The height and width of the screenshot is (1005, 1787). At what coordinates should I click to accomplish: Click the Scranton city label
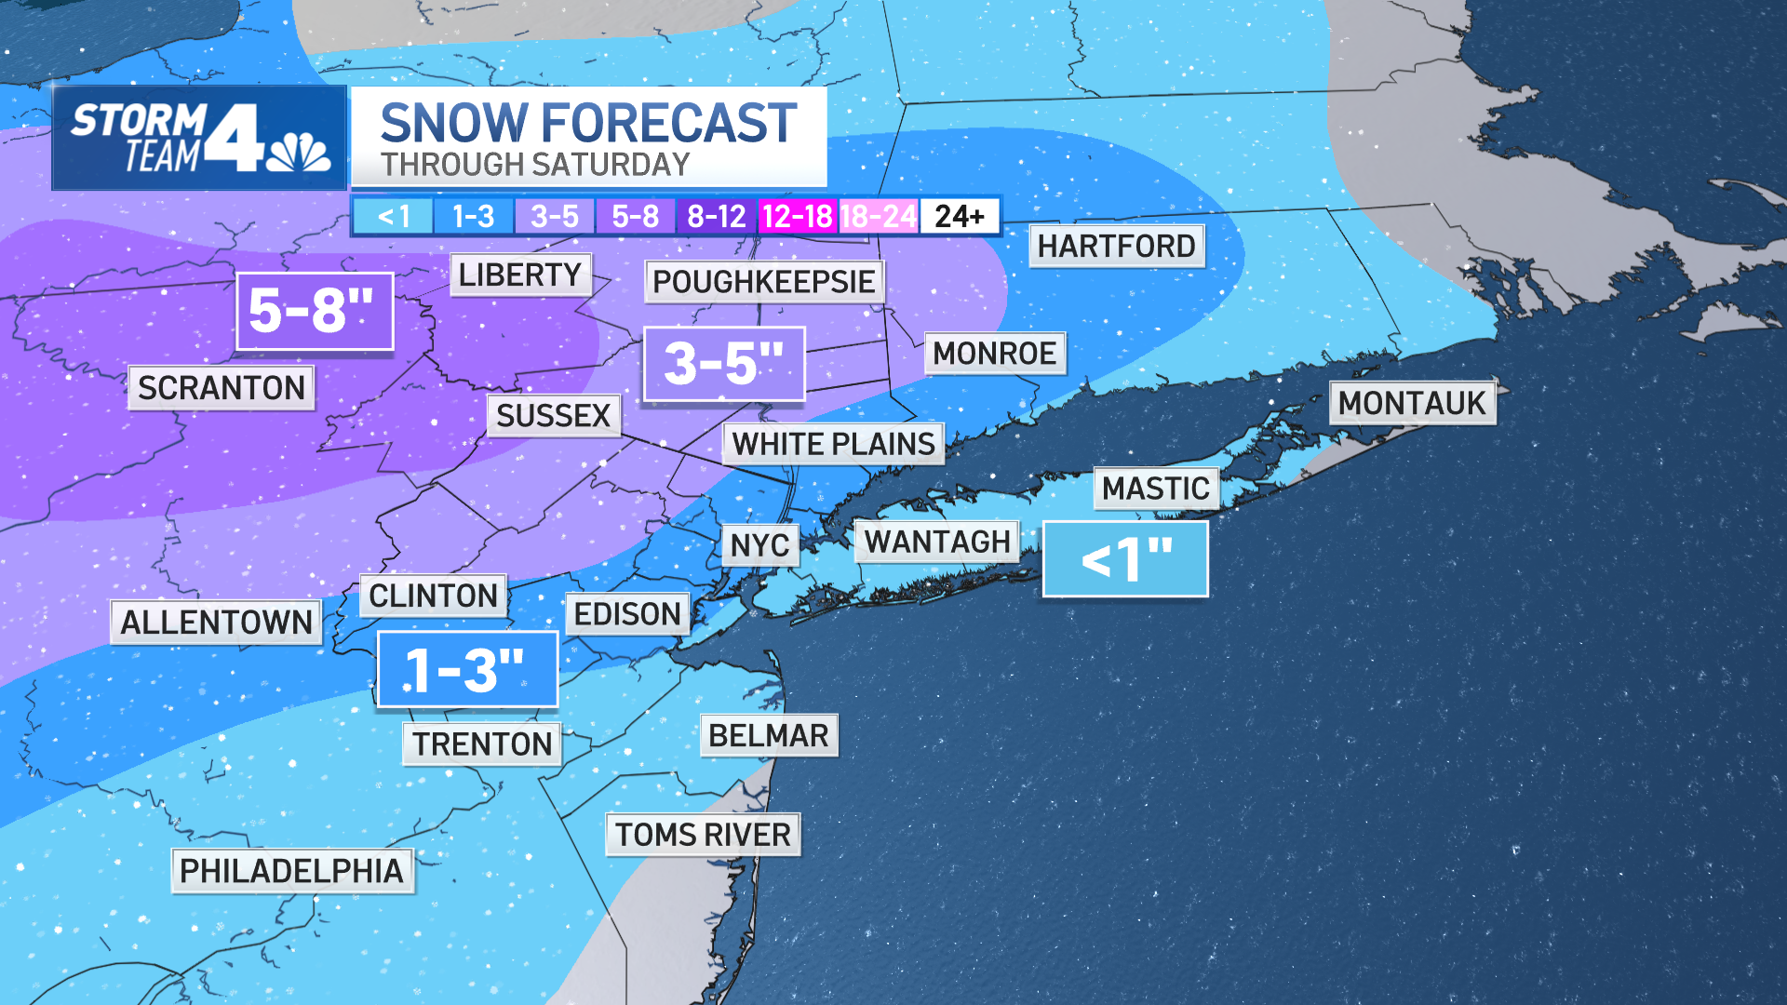click(222, 387)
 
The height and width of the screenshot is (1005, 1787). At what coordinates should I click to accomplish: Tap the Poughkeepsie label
click(763, 281)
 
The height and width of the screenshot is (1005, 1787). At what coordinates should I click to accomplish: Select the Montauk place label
click(1412, 403)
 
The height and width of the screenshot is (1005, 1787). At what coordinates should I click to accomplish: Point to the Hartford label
click(1116, 246)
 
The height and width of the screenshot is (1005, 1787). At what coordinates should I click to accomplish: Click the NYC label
click(759, 545)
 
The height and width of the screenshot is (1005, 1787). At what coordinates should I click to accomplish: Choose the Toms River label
click(703, 835)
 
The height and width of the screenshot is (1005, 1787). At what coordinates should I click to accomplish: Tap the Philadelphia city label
click(291, 871)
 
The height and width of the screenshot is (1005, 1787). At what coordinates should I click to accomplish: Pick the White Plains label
click(833, 444)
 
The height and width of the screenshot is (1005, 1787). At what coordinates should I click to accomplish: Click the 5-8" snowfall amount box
click(314, 311)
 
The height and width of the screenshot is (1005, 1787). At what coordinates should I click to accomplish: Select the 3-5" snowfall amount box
click(723, 364)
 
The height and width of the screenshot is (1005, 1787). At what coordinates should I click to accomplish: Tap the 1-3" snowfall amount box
click(467, 669)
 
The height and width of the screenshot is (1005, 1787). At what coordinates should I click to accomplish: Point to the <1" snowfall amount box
click(1124, 559)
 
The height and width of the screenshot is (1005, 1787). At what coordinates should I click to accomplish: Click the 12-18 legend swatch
click(797, 217)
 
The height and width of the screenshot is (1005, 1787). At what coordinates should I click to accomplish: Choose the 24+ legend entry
click(960, 217)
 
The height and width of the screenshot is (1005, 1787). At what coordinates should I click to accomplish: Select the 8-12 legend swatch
click(716, 217)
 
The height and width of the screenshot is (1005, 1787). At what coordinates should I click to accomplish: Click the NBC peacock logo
click(298, 152)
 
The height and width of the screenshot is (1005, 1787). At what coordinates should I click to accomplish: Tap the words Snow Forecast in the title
click(588, 123)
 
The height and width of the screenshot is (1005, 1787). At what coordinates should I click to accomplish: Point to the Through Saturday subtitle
click(535, 165)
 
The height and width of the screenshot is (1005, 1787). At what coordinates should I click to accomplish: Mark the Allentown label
click(216, 622)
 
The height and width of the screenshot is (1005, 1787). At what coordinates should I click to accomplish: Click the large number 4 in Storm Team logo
click(234, 138)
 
